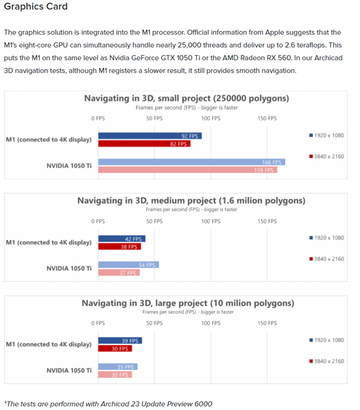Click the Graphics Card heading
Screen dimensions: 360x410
(x=36, y=6)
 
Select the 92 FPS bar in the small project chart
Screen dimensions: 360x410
(x=150, y=136)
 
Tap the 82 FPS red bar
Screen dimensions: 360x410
(x=144, y=144)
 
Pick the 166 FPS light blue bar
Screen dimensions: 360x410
(x=192, y=162)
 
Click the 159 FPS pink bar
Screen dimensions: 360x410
(x=188, y=170)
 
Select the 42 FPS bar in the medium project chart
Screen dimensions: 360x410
(x=122, y=239)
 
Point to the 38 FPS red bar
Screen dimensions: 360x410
(x=119, y=247)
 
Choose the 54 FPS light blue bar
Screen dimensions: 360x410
(x=128, y=265)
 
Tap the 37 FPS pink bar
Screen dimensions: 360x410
(x=119, y=273)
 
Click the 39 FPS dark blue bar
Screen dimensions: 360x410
(x=120, y=340)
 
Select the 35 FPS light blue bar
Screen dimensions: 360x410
(x=118, y=367)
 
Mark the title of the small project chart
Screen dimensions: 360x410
(x=187, y=98)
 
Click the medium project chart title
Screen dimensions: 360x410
(x=191, y=201)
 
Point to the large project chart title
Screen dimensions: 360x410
(x=188, y=303)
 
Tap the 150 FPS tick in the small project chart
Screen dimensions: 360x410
(x=267, y=118)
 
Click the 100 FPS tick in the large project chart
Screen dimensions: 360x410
(x=211, y=323)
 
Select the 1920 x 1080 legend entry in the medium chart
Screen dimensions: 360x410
(x=326, y=238)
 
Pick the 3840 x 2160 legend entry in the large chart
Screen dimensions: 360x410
(x=326, y=361)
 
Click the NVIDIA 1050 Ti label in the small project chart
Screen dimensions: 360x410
(x=69, y=166)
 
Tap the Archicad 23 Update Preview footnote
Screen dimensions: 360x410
(x=108, y=404)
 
